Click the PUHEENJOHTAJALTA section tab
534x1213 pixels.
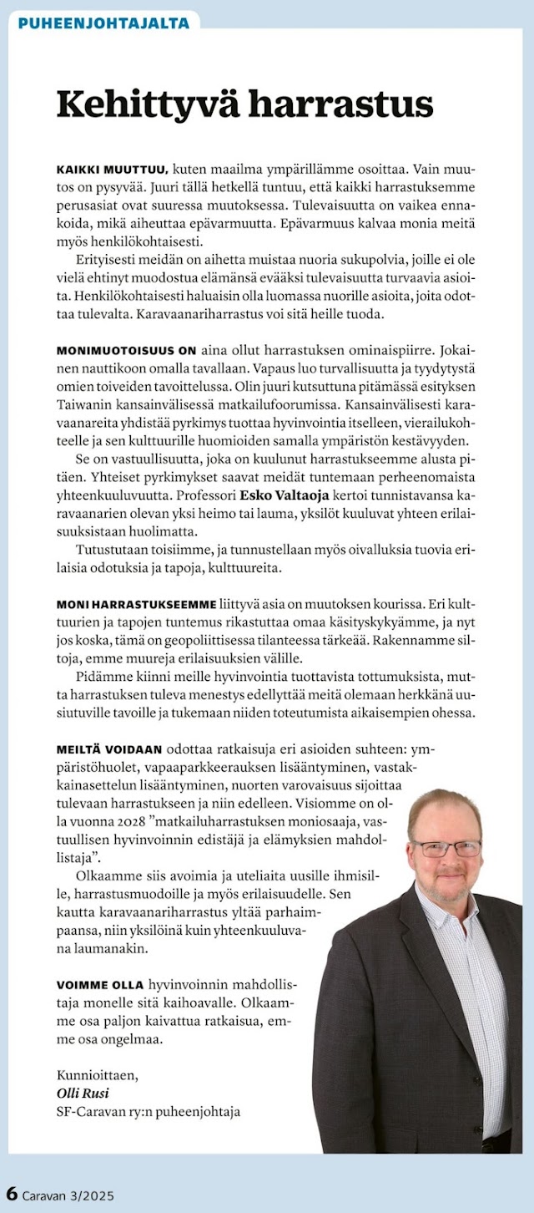(103, 23)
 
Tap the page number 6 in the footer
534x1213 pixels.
(12, 1193)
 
